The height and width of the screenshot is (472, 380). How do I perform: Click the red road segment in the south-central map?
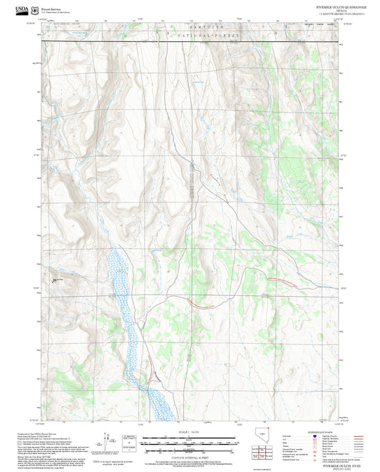[x=205, y=307]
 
